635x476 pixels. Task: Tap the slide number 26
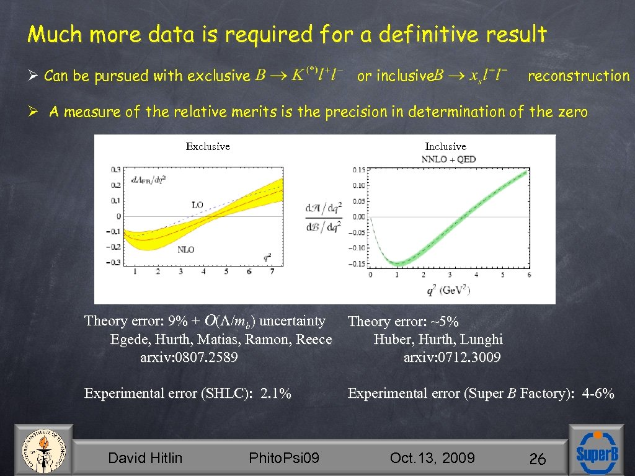pos(537,459)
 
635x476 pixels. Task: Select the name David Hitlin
pos(145,458)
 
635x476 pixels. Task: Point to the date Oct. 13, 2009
pos(432,458)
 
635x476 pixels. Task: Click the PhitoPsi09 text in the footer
pos(284,458)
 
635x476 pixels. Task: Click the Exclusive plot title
pos(208,146)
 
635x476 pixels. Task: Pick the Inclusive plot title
pos(445,146)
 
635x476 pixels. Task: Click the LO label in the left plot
pos(197,204)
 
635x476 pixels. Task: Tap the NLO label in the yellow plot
pos(185,249)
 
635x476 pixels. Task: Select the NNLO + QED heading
pos(448,159)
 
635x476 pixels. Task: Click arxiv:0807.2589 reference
pos(189,358)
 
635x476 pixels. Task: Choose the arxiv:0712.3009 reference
pos(452,358)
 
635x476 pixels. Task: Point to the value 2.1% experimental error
pos(276,394)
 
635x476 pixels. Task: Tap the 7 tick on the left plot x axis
pos(272,271)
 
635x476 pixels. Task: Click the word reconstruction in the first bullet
pos(578,76)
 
